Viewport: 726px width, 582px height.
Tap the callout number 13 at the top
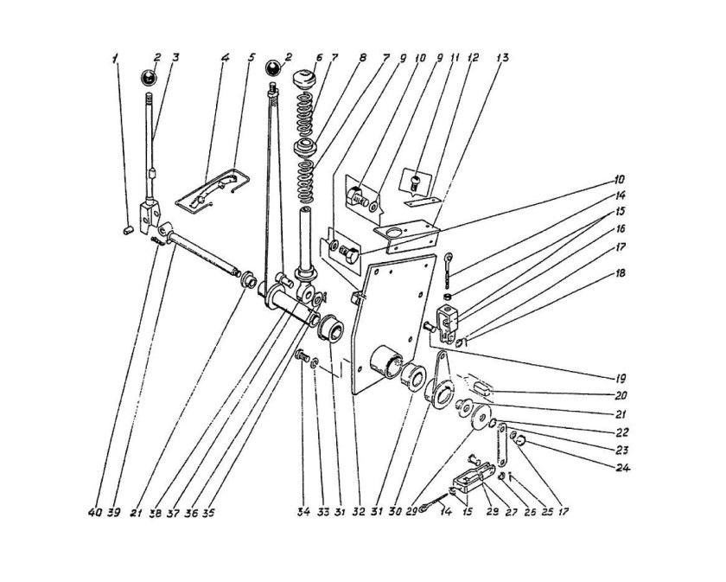pos(502,57)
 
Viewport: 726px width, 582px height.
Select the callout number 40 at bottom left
pos(95,513)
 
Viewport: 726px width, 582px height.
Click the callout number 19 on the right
pos(620,379)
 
